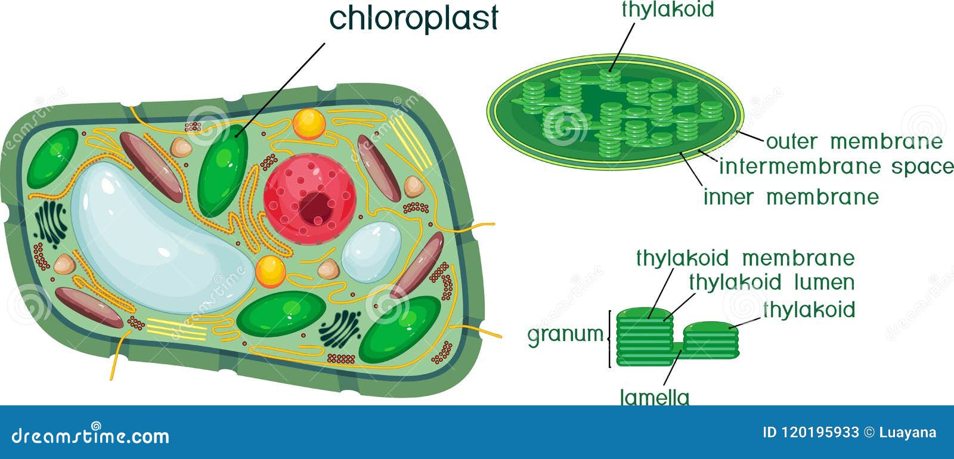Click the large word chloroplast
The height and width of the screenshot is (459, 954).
414,18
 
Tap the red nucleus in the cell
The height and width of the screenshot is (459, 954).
309,199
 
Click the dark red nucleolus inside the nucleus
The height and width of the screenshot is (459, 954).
315,208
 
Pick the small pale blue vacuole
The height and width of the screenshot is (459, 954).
371,252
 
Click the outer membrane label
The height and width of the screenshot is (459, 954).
854,142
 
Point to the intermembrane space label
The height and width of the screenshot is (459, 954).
836,166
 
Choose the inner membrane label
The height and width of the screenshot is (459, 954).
791,197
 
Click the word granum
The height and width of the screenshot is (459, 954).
565,335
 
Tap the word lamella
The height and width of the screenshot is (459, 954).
655,398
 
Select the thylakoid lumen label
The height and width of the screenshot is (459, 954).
772,283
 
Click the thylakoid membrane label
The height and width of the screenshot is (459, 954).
745,258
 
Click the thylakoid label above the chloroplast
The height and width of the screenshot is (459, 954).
668,10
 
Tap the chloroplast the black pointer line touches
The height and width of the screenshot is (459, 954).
223,170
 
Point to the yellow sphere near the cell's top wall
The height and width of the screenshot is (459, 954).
309,124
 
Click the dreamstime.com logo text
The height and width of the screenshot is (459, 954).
90,436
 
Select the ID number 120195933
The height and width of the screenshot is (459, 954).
819,433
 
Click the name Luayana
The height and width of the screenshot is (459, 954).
907,433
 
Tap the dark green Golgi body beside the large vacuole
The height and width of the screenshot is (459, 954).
51,224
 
